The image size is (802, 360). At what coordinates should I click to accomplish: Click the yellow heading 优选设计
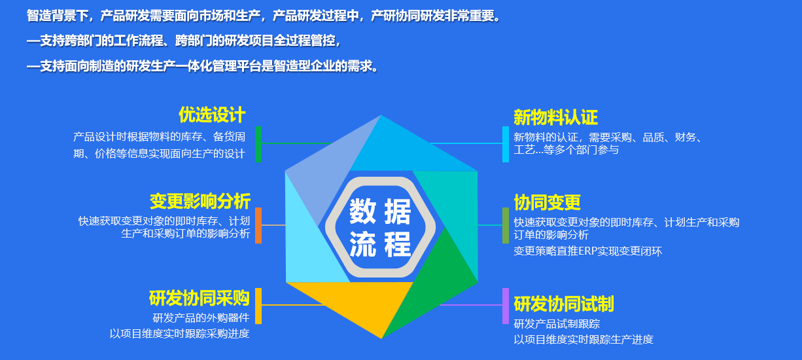212,115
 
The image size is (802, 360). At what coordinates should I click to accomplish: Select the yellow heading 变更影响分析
200,201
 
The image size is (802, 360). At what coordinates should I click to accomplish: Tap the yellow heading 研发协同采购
199,298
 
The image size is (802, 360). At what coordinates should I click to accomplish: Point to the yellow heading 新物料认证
555,117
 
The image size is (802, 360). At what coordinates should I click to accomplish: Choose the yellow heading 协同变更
547,202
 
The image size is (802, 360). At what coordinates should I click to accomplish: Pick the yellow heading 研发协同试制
564,304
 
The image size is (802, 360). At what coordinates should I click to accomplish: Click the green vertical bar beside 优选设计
258,144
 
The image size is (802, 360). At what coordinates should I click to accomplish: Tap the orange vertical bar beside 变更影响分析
258,225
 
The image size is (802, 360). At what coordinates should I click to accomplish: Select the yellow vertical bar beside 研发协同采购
258,306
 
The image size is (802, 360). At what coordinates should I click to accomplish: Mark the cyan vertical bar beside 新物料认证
506,144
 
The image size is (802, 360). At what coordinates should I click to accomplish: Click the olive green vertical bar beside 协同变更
506,225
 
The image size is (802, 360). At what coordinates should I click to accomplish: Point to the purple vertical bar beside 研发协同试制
506,306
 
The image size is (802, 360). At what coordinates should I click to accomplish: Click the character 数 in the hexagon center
362,211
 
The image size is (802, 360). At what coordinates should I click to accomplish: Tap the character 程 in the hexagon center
398,244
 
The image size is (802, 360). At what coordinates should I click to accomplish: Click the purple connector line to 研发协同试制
471,305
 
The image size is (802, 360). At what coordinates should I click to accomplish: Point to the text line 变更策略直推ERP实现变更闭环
588,251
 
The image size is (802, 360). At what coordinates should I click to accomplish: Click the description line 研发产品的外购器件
201,317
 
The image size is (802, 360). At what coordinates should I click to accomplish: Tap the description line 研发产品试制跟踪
557,324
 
